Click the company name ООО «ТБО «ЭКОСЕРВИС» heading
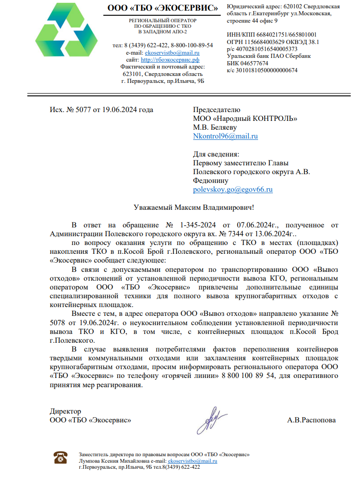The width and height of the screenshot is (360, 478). pos(163,8)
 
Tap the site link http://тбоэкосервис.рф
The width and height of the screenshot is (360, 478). pos(170,60)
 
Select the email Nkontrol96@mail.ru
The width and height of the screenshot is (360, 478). pos(225,136)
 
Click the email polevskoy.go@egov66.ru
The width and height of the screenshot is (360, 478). pos(233,189)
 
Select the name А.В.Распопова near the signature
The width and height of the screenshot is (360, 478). pos(311,420)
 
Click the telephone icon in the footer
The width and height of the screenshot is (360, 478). pos(61,457)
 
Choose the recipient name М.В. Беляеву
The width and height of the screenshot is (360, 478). pos(215,127)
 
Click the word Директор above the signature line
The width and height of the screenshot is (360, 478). pos(65,411)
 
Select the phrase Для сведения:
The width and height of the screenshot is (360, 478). pos(216,154)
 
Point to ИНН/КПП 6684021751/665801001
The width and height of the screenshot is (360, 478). pos(272,34)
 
